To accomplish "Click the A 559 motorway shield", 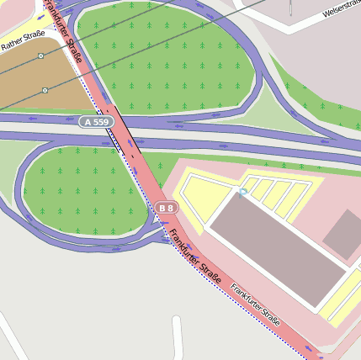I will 97,122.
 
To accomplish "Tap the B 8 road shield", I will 167,207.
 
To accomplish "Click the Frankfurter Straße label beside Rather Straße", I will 64,30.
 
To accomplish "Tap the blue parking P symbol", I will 242,193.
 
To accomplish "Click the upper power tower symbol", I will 40,56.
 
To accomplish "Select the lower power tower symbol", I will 45,89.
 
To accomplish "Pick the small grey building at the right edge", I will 344,233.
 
